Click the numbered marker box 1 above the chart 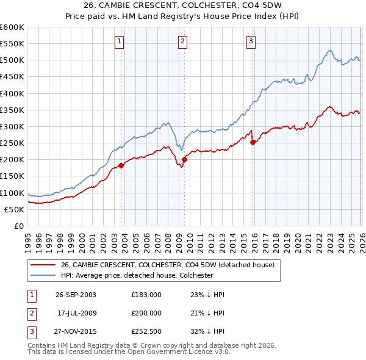click(119, 41)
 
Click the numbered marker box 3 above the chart click(251, 41)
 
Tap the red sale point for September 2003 click(121, 165)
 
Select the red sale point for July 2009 click(184, 159)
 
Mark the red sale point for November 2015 click(253, 142)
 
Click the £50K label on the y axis click(14, 209)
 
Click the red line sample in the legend click(43, 265)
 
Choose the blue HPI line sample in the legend click(43, 275)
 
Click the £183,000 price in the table click(146, 295)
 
